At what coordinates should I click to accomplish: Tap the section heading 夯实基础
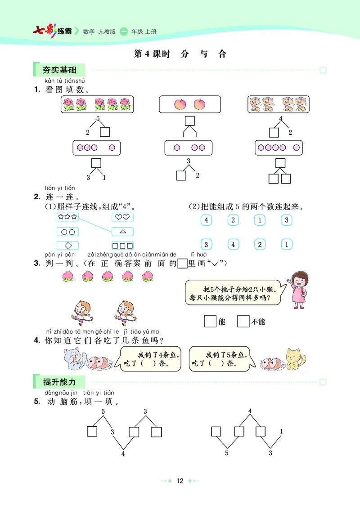pos(59,70)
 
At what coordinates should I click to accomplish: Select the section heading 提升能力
pos(59,382)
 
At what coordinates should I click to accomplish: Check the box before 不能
pos(243,321)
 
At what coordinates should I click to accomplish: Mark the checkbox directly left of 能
pos(210,321)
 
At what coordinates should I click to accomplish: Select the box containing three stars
pos(67,217)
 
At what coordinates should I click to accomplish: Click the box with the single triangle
pos(122,232)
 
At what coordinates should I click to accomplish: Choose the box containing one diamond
pos(67,246)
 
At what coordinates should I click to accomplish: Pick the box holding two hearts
pos(122,217)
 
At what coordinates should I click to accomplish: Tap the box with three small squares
pos(122,246)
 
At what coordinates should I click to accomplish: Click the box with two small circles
pos(67,232)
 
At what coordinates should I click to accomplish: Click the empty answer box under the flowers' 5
pos(105,132)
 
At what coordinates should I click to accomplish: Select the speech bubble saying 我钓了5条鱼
pos(218,358)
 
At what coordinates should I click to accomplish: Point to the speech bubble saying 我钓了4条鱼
pos(150,358)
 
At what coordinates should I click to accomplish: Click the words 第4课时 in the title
pos(152,54)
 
